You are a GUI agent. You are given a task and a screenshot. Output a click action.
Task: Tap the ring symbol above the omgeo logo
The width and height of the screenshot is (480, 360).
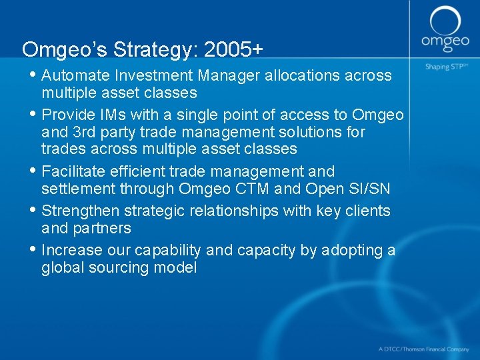point(445,21)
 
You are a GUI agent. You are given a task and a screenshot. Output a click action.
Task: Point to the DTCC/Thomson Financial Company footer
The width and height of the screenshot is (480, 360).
point(423,349)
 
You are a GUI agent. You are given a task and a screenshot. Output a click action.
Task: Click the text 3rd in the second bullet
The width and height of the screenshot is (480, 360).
point(85,132)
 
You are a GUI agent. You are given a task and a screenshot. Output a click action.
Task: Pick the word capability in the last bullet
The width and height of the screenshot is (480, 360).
point(167,250)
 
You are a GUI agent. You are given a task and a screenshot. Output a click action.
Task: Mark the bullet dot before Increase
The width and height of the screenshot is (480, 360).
point(33,249)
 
